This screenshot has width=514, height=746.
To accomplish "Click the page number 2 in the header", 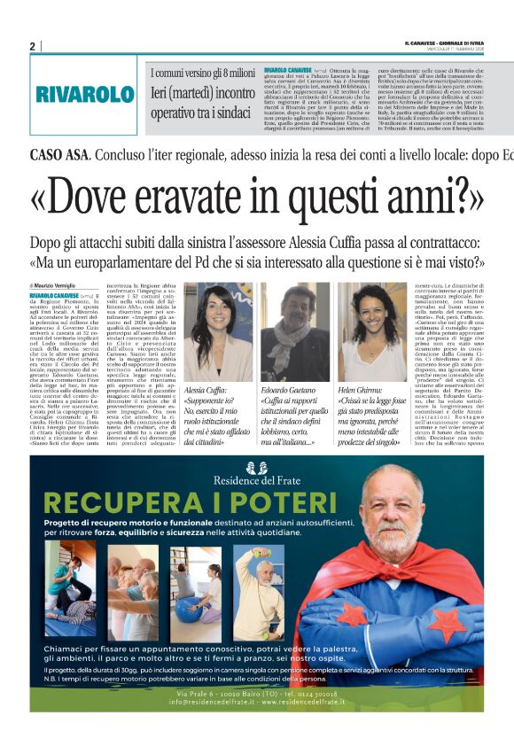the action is [x=32, y=46].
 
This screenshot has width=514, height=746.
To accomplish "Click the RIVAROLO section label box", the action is [x=86, y=95].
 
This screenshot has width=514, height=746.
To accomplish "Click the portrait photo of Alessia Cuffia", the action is [x=216, y=332].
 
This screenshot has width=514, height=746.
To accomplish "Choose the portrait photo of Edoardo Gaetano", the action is [x=295, y=332].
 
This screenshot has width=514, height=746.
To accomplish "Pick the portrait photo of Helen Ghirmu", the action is [x=372, y=332].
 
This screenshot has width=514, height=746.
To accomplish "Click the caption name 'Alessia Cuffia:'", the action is [x=206, y=391].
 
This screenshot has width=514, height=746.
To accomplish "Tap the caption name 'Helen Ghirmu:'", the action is [x=366, y=391].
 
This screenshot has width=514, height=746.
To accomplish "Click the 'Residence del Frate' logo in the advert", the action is [x=258, y=472].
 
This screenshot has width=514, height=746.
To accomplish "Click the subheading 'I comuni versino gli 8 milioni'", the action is [x=203, y=74].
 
